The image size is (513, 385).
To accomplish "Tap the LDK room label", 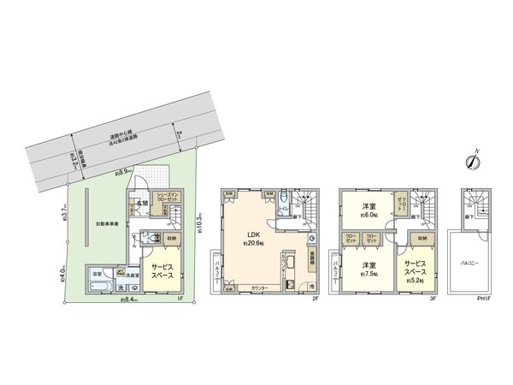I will coord(253,234).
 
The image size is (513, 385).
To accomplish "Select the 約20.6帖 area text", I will coord(253,244).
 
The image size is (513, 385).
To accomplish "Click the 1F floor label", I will coord(180,299).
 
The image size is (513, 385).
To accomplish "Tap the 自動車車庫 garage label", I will coord(107,226).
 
